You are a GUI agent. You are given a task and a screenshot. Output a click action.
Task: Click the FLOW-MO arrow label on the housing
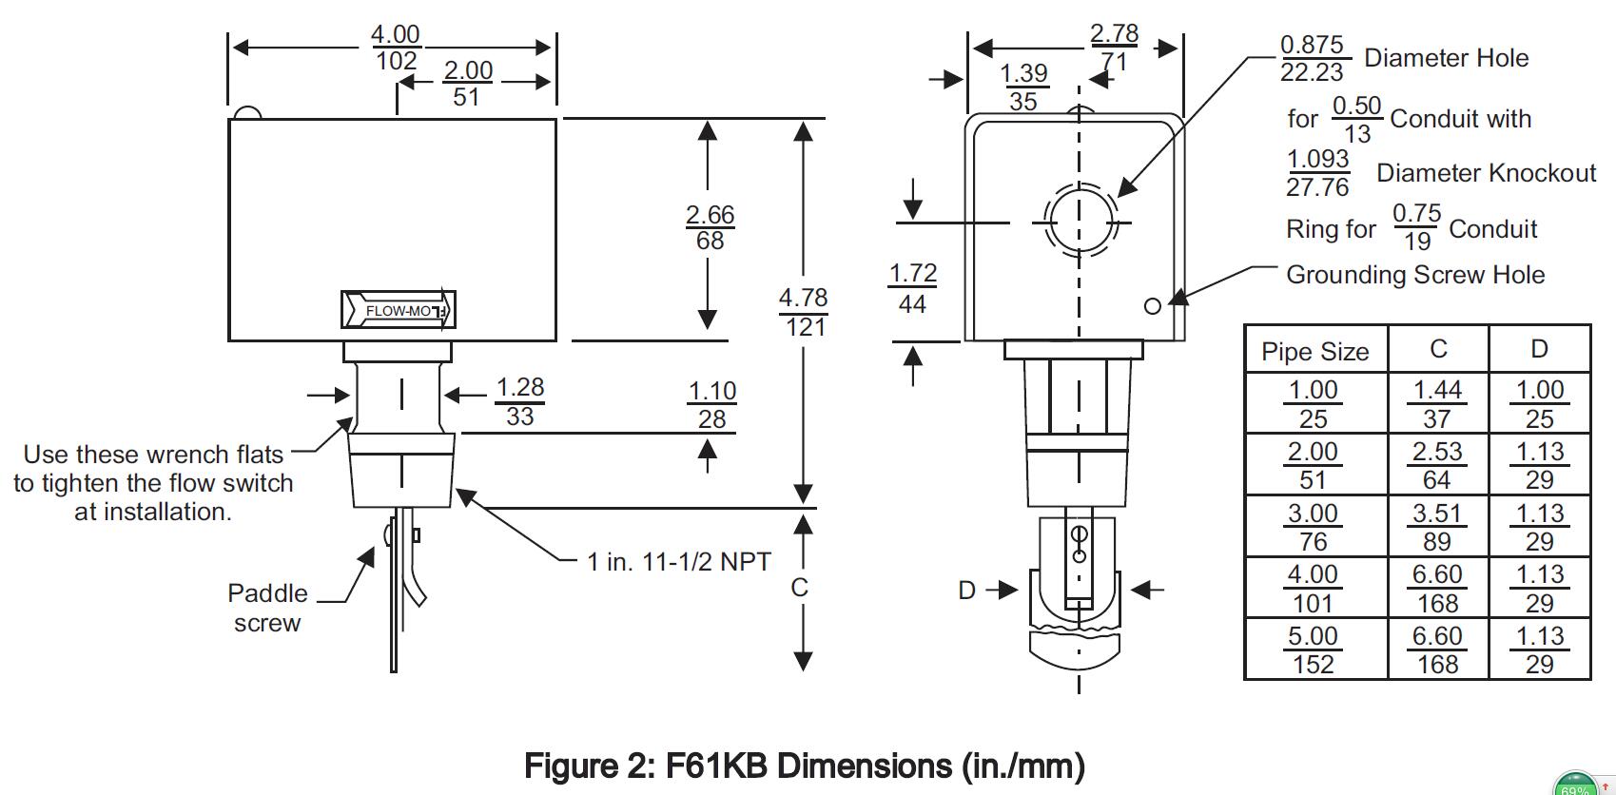(399, 310)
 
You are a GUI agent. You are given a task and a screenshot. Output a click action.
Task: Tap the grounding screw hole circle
(1153, 306)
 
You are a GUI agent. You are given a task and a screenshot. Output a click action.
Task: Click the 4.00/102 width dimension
(395, 48)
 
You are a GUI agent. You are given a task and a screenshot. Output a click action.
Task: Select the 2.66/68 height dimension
(710, 227)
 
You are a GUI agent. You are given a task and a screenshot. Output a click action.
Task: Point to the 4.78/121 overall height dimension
(804, 312)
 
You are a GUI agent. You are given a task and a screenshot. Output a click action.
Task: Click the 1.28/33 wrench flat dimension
(520, 401)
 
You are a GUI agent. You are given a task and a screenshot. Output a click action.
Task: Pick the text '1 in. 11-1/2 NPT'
(679, 562)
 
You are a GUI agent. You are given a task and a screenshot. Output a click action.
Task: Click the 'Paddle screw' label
(267, 608)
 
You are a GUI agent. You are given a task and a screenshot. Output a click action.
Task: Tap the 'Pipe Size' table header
(1314, 352)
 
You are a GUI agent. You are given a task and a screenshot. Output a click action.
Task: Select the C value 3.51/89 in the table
(1437, 527)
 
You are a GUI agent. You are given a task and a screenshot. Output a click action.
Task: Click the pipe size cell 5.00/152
(1313, 650)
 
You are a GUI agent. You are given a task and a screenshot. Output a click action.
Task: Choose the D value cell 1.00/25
(1540, 404)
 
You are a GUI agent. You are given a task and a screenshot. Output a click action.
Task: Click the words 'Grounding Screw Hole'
(1415, 275)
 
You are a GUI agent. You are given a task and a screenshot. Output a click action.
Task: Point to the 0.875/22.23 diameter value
(1313, 58)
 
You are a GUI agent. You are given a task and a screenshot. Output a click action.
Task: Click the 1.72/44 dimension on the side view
(913, 288)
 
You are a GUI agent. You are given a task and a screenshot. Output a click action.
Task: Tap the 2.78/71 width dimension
(1114, 48)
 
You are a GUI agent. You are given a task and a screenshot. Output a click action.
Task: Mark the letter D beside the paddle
(966, 591)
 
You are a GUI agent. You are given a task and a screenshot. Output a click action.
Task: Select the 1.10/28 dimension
(712, 405)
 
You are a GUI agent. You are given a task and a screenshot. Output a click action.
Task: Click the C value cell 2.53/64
(1437, 465)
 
